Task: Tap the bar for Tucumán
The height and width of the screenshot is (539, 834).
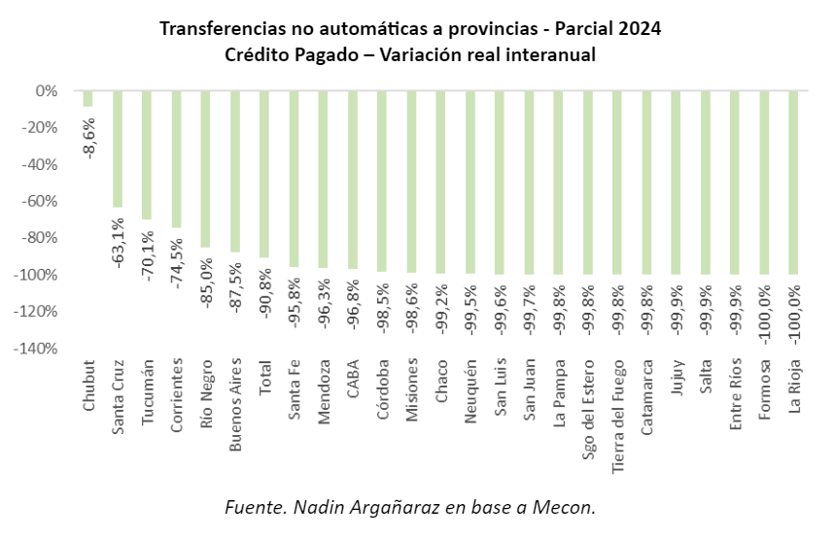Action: pyautogui.click(x=147, y=155)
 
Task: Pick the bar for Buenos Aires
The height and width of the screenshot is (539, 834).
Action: pyautogui.click(x=235, y=171)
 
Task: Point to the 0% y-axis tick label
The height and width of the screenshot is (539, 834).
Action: pyautogui.click(x=47, y=91)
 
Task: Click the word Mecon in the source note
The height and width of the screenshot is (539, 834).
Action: pyautogui.click(x=571, y=507)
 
